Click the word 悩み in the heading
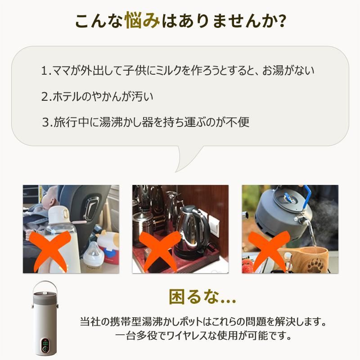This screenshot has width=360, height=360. [x=142, y=21]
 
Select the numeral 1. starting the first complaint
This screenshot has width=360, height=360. [x=46, y=71]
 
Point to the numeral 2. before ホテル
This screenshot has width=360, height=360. [x=46, y=96]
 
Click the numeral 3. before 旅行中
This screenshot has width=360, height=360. [x=48, y=122]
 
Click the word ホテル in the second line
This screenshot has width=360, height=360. [x=67, y=96]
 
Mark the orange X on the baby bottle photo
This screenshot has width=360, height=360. [x=49, y=250]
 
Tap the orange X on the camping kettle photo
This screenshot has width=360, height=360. [x=269, y=250]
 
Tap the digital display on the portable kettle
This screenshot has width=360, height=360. [x=45, y=344]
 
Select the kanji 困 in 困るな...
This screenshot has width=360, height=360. [x=177, y=297]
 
